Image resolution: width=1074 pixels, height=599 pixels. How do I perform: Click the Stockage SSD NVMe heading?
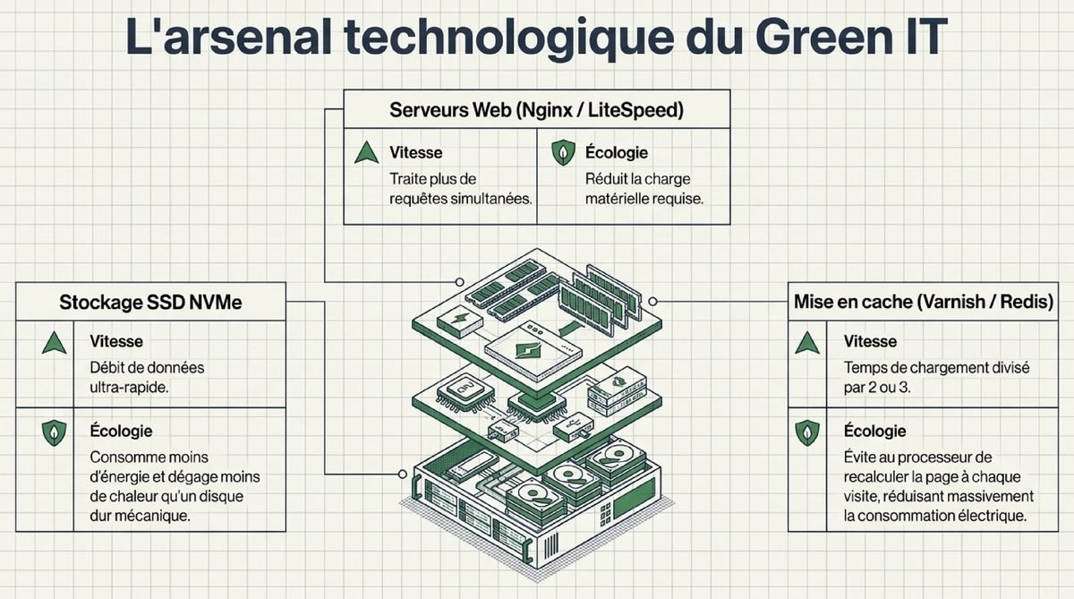tap(150, 303)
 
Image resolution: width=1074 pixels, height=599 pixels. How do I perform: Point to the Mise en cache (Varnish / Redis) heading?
tap(923, 303)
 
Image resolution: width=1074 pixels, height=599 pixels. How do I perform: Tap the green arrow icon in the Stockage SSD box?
tap(54, 342)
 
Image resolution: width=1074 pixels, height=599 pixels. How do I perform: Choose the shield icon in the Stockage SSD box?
tap(54, 433)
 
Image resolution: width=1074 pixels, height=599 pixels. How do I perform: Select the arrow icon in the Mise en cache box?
tap(807, 342)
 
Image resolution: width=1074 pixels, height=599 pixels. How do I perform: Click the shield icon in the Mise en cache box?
tap(807, 433)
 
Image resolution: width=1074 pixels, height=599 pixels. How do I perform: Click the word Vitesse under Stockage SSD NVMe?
tap(116, 341)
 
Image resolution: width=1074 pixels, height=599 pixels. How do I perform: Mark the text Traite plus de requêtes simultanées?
tap(461, 189)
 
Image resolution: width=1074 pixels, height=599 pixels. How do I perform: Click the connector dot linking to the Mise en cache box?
tap(653, 301)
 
